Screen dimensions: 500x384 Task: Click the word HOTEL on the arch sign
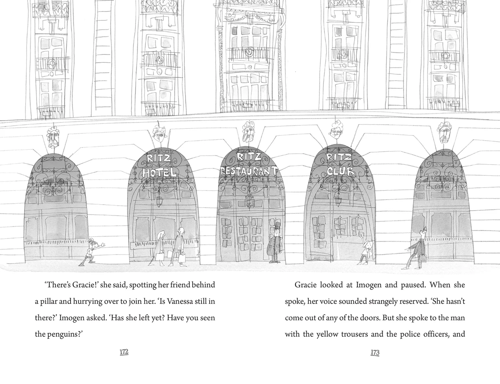159,172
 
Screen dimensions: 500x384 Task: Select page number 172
124,352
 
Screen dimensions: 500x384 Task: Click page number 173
375,352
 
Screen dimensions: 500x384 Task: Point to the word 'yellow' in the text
327,334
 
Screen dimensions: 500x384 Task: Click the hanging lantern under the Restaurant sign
249,201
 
